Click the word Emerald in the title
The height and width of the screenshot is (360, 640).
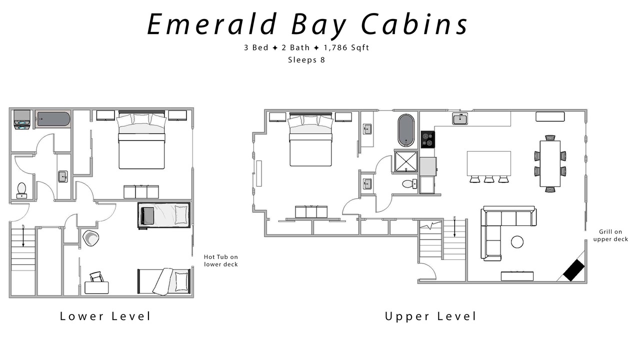211,24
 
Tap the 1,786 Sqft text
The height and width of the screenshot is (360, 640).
346,47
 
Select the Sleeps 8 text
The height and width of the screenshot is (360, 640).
306,60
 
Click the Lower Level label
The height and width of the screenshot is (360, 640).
105,316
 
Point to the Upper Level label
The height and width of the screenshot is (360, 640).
431,316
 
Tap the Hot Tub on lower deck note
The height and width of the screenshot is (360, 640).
221,260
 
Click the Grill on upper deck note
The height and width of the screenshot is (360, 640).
610,235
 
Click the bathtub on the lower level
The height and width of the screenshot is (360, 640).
53,119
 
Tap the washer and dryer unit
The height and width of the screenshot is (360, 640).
22,120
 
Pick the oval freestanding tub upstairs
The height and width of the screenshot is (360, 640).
406,130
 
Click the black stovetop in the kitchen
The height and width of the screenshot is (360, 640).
427,139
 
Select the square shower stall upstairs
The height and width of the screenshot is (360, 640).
406,161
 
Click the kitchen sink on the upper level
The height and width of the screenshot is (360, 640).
460,118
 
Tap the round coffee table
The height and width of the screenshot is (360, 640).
517,242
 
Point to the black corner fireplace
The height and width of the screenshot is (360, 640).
573,270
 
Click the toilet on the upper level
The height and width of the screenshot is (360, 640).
409,183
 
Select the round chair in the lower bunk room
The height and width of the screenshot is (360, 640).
91,237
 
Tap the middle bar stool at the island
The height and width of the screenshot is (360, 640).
489,179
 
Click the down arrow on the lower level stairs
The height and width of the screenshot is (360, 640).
23,236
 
